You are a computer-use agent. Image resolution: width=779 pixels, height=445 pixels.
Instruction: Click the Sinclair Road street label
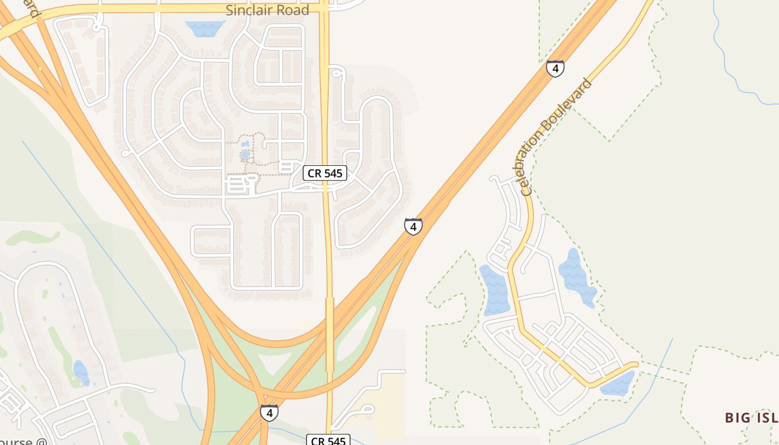pyautogui.click(x=267, y=10)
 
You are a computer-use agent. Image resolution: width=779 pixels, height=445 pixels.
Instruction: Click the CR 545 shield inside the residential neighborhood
pyautogui.click(x=326, y=173)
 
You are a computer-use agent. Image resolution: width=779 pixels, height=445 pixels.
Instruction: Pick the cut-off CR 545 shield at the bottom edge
pyautogui.click(x=328, y=440)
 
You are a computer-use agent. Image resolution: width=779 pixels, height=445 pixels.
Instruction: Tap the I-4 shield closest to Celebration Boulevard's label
pyautogui.click(x=555, y=68)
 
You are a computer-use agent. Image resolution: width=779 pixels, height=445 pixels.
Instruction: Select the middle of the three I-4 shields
pyautogui.click(x=413, y=226)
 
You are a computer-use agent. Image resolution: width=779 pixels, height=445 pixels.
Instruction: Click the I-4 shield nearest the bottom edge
pyautogui.click(x=269, y=413)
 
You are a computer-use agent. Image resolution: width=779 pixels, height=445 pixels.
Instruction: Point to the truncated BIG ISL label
pyautogui.click(x=751, y=418)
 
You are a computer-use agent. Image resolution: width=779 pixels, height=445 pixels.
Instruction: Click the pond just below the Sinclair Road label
pyautogui.click(x=205, y=28)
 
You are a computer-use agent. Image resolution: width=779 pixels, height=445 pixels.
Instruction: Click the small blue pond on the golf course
pyautogui.click(x=81, y=372)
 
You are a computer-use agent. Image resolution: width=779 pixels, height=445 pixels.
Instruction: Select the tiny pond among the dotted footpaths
pyautogui.click(x=245, y=154)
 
